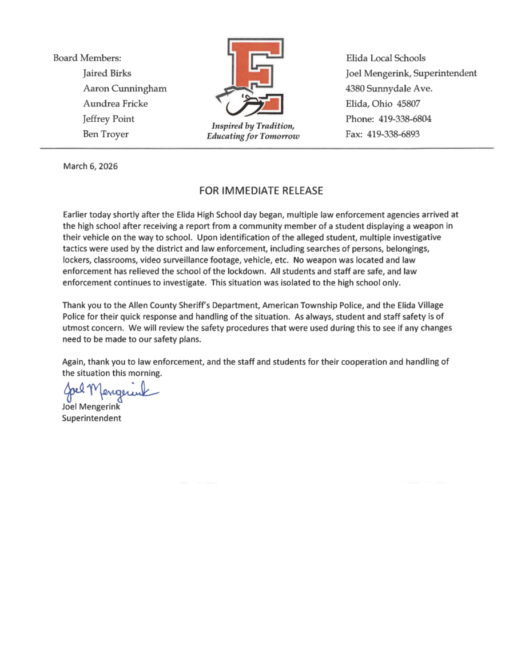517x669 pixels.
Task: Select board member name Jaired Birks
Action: pos(107,73)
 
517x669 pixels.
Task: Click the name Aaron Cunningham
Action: pos(125,89)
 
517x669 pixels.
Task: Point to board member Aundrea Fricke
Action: pos(116,103)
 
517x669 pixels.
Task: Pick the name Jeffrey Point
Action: pos(109,119)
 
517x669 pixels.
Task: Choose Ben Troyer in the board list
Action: pos(106,134)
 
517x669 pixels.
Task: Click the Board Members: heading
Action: pos(87,58)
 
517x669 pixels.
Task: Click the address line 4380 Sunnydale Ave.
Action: pos(389,89)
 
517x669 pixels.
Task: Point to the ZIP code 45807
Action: pos(409,103)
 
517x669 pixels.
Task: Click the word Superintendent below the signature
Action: pos(92,418)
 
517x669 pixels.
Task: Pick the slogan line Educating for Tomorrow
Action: pos(253,136)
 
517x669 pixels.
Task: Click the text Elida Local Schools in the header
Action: pos(385,58)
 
